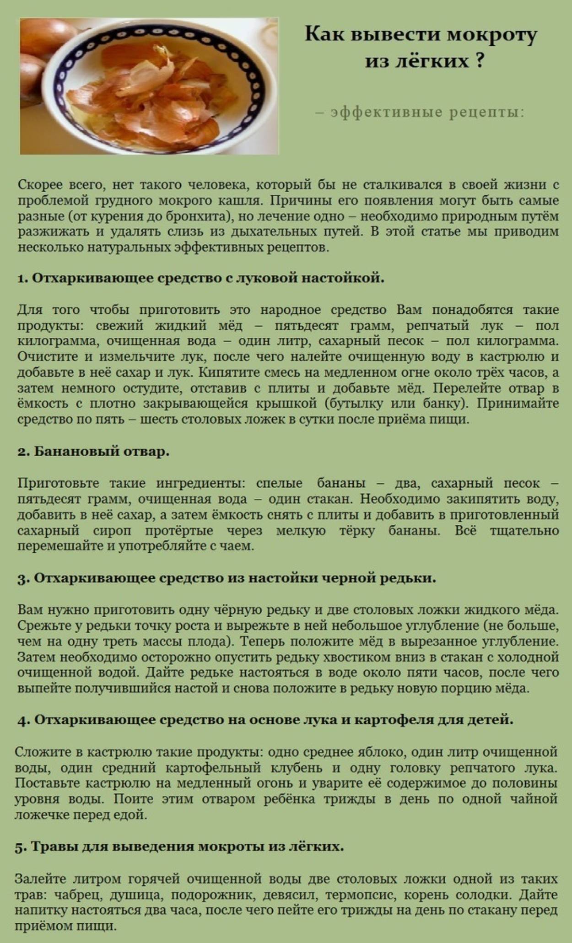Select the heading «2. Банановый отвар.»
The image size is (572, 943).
[94, 451]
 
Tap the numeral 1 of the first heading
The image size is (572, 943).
[21, 278]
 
